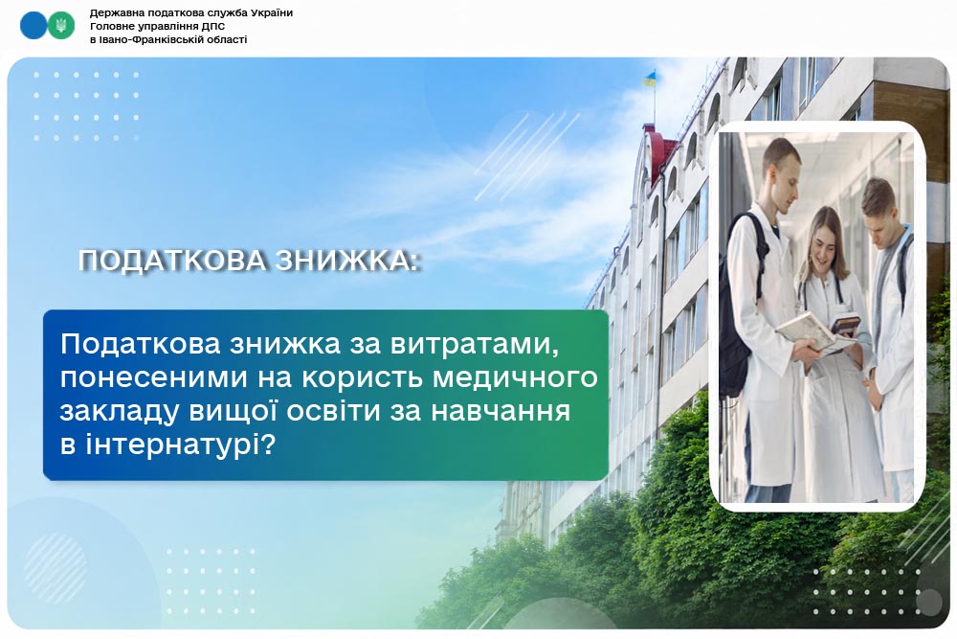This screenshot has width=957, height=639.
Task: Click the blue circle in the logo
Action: (33, 25)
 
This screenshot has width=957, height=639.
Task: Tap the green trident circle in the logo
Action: (60, 25)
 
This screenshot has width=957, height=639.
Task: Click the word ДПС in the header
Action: (213, 26)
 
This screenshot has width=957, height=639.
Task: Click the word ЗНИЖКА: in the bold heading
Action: (347, 261)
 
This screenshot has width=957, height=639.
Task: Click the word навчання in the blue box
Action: (501, 412)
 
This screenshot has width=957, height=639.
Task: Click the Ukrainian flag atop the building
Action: (650, 79)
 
